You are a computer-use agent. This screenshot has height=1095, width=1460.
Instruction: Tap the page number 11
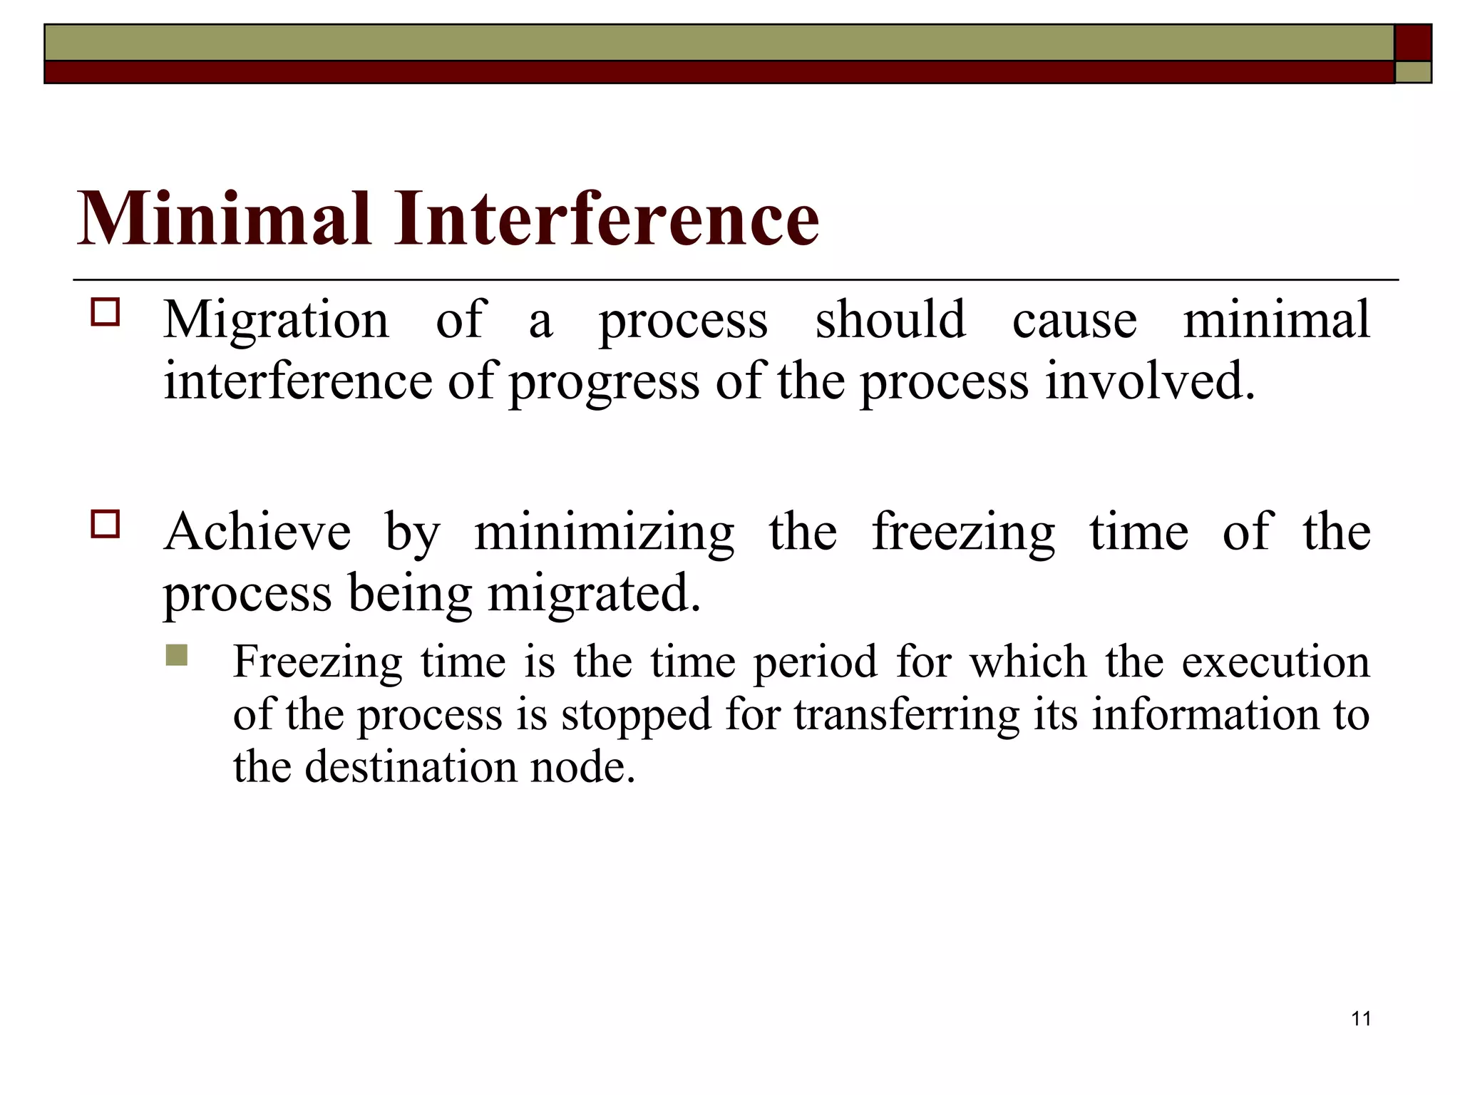[x=1361, y=1019]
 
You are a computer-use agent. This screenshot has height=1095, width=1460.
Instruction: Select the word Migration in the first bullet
[x=277, y=320]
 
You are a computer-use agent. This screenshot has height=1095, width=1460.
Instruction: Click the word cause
[x=1074, y=320]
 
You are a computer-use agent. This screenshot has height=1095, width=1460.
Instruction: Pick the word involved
[x=1150, y=381]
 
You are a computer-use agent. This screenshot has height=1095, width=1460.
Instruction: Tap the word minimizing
[x=604, y=533]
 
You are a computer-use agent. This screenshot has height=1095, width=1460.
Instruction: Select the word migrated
[x=594, y=593]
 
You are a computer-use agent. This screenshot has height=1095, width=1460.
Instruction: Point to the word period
[x=816, y=662]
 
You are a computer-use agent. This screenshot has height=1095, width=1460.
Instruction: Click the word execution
[x=1275, y=662]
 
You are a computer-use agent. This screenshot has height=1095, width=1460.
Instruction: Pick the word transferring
[x=907, y=715]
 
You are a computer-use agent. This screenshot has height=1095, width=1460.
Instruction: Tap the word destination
[x=411, y=767]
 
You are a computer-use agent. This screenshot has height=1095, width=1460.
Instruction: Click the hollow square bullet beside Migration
[x=106, y=312]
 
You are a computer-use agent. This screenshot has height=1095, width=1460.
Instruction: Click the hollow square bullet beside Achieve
[x=106, y=524]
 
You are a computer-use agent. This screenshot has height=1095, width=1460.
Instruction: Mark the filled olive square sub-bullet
[x=176, y=655]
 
